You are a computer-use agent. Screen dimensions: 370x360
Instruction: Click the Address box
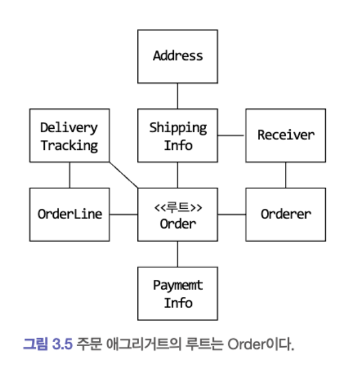178,56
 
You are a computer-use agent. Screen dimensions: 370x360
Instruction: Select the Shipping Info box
178,136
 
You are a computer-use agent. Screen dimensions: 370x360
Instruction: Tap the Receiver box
285,135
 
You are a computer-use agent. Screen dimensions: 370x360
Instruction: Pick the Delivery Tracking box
69,136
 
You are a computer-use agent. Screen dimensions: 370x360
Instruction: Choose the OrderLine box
69,215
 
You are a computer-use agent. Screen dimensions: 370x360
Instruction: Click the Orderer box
285,215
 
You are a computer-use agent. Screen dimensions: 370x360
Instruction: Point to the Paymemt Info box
178,294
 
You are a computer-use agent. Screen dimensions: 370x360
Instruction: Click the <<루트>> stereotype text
178,207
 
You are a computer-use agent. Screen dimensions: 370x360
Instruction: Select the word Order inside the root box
178,223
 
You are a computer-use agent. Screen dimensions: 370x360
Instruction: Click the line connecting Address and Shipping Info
178,96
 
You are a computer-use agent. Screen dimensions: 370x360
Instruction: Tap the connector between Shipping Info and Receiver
231,136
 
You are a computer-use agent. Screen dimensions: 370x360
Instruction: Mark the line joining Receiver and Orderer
285,175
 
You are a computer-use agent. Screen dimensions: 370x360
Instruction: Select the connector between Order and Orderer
231,215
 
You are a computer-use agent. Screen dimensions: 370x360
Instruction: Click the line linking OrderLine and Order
123,215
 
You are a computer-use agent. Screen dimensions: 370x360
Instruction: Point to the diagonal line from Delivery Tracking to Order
124,175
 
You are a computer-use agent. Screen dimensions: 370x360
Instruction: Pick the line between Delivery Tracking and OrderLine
69,175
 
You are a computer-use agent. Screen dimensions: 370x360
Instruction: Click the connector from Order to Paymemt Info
178,254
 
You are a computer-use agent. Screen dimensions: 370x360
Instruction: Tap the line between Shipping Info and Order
178,175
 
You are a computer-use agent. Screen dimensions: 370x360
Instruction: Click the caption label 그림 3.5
48,344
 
